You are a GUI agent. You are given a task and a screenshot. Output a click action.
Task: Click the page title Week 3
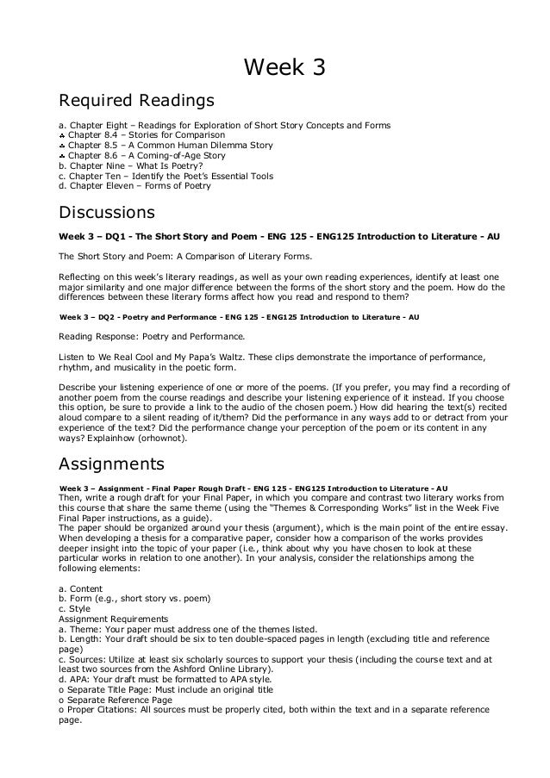pos(274,66)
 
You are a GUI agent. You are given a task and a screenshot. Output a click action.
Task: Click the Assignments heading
pos(110,464)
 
